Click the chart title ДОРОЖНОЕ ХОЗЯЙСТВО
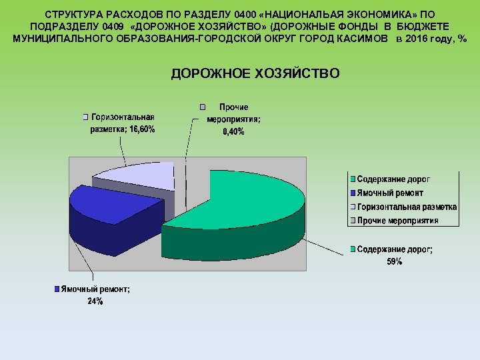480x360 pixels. click(x=255, y=73)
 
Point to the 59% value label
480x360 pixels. click(x=395, y=262)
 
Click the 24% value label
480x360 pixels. click(x=95, y=301)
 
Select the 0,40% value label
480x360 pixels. click(x=233, y=132)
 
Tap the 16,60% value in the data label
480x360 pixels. click(x=142, y=130)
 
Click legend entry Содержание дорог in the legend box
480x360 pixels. click(x=393, y=180)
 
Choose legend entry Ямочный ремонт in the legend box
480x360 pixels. click(x=390, y=193)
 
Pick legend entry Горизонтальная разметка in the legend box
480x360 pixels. click(x=407, y=207)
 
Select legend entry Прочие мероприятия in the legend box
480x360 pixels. click(x=397, y=220)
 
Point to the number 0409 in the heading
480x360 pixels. click(x=116, y=26)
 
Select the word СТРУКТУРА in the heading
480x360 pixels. click(x=72, y=13)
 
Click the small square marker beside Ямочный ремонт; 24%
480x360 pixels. click(x=57, y=289)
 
